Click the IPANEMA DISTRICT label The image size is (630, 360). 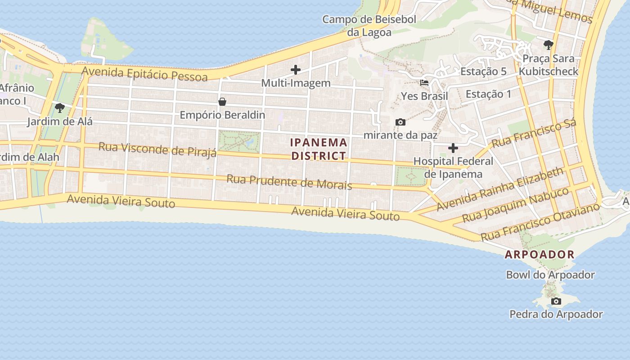pos(319,149)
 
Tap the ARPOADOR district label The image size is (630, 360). pos(540,254)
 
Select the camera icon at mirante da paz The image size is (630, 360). pos(400,122)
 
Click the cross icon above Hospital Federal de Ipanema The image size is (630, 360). pos(453,148)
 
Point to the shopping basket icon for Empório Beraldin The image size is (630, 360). pos(222,102)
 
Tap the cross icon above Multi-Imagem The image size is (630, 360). pos(296,70)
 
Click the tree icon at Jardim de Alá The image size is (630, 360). pos(59,108)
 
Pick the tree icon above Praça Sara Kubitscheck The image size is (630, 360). pos(548,45)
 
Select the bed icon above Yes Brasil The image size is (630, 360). pos(424,83)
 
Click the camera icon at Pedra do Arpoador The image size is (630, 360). pos(556,301)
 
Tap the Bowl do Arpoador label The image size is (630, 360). pos(550,274)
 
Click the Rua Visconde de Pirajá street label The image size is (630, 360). pos(157,149)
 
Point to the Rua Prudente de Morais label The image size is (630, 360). pos(289,182)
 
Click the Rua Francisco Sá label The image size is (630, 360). pos(534,134)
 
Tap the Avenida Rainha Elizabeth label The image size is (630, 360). pos(500,189)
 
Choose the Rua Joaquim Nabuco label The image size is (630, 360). pos(516,205)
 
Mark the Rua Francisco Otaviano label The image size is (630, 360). pos(540,222)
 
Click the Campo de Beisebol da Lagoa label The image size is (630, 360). pos(369,26)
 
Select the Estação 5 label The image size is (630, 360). pos(483,72)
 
